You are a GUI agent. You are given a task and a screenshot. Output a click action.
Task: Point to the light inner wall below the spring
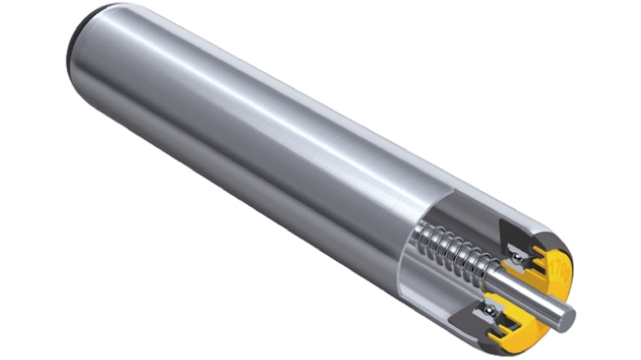pyautogui.click(x=433, y=289)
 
